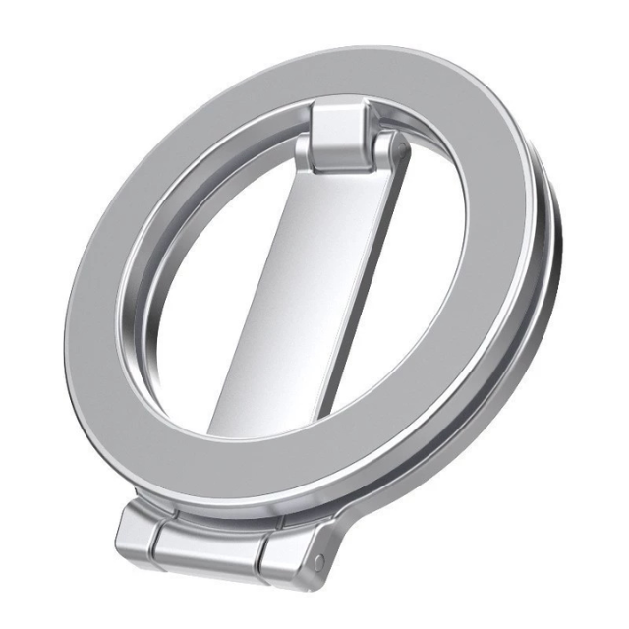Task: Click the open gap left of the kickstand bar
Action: (206, 295)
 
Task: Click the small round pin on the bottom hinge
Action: (318, 562)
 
